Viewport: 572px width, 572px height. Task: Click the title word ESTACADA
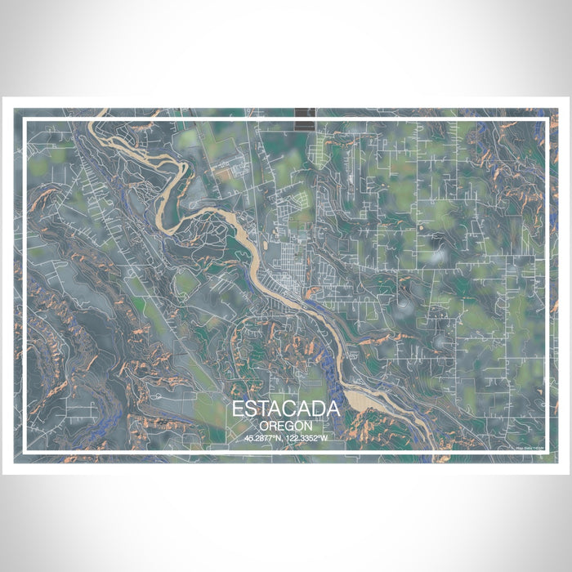[x=286, y=409]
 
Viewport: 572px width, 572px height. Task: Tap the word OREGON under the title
[x=286, y=426]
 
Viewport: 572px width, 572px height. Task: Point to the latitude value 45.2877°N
[x=264, y=439]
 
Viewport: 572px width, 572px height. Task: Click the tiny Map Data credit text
[x=529, y=447]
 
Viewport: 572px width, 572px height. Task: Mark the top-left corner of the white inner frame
[x=25, y=120]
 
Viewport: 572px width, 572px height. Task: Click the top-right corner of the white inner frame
[x=547, y=120]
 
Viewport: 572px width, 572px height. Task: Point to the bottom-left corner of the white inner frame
[x=25, y=452]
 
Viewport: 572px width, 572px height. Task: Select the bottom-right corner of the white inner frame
[x=547, y=452]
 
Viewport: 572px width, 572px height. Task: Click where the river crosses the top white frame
[x=97, y=120]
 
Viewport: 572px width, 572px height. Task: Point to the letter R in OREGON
[x=272, y=426]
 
